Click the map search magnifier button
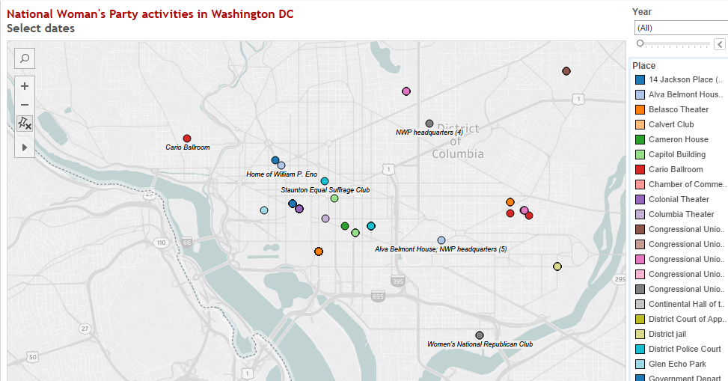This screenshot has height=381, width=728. (x=25, y=58)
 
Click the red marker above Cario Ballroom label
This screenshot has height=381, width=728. (x=187, y=138)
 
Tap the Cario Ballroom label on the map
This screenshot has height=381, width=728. (x=188, y=147)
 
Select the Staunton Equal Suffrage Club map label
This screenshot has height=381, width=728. (x=325, y=190)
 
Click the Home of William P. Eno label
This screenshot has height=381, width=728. (x=281, y=174)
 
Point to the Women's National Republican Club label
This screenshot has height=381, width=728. (x=480, y=344)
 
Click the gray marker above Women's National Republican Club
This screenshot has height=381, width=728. (x=480, y=335)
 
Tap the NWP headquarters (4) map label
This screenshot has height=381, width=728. (x=429, y=132)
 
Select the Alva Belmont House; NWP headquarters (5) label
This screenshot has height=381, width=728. (x=441, y=249)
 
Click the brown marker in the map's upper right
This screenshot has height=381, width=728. (x=566, y=71)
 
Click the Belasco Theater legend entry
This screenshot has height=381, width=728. (x=679, y=109)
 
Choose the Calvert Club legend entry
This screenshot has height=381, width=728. (x=671, y=124)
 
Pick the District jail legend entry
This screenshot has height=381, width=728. (x=667, y=334)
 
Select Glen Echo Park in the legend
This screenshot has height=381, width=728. (x=677, y=364)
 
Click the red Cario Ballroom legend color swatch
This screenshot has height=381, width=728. (x=640, y=169)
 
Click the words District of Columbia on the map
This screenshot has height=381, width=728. (x=457, y=141)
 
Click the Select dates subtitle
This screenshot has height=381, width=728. (x=40, y=28)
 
